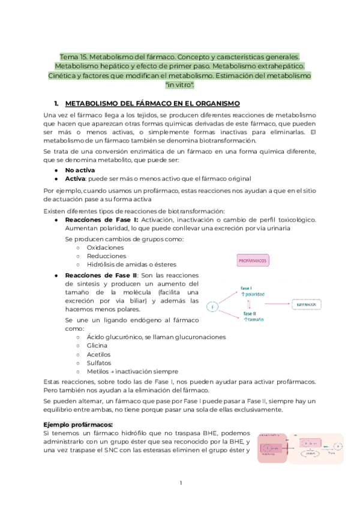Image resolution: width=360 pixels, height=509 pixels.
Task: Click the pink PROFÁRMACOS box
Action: point(253,261)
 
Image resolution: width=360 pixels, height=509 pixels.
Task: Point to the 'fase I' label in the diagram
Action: point(247,288)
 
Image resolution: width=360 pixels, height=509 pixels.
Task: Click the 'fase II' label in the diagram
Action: point(250,313)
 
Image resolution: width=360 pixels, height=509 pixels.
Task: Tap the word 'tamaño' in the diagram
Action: point(256,321)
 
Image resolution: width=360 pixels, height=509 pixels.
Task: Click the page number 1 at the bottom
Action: point(180,483)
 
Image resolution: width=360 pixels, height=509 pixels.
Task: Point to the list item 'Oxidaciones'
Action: point(105,247)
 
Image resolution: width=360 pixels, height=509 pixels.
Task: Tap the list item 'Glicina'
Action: point(97,346)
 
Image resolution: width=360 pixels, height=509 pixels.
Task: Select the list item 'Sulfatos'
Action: point(99,363)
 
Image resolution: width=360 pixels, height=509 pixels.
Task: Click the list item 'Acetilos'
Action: point(99,354)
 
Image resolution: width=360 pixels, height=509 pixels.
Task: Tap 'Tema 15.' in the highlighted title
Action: point(70,55)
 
